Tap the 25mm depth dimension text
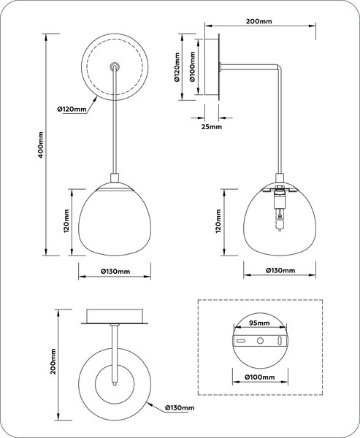[x=211, y=126]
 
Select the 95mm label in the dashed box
[x=258, y=321]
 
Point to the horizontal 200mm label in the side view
[x=259, y=23]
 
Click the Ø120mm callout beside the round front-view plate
[x=72, y=109]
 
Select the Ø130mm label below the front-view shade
[x=115, y=272]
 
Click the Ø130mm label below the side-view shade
[x=280, y=271]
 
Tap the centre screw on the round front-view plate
[x=114, y=66]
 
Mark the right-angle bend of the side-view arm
[x=278, y=70]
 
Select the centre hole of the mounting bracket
[x=259, y=342]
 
